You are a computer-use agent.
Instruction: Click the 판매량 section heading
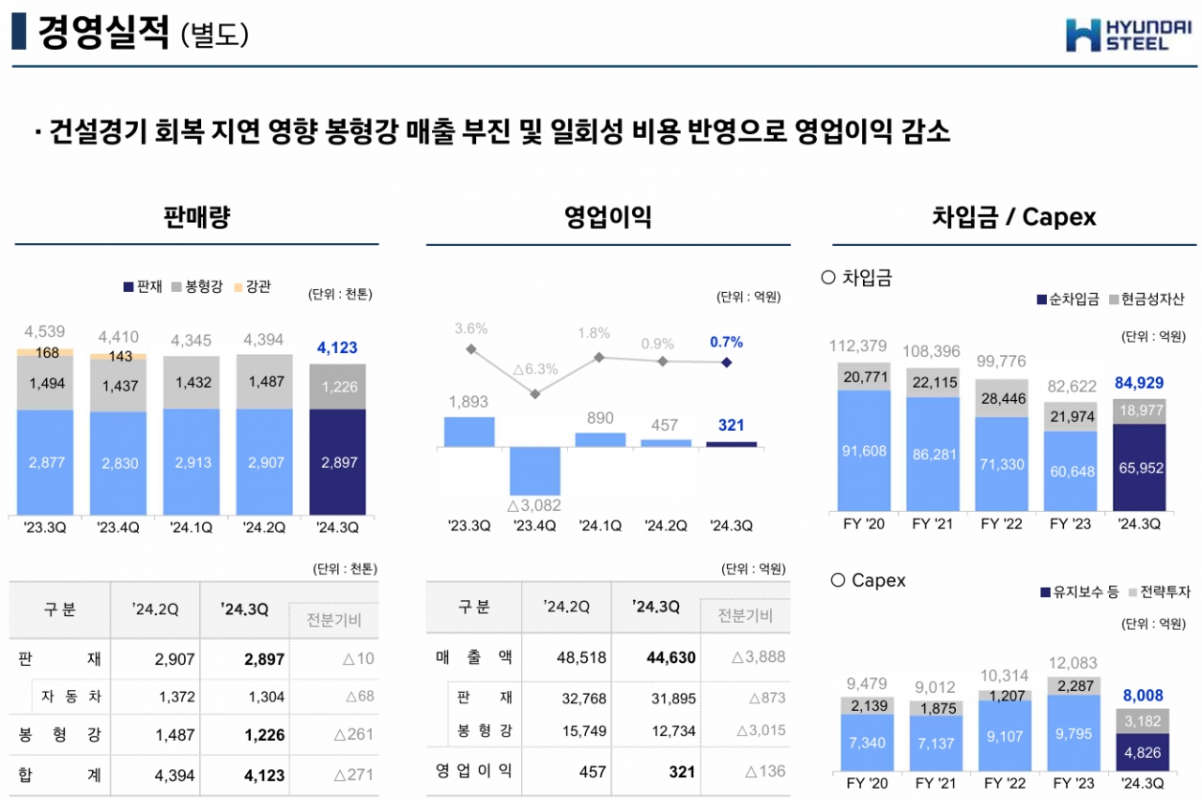tap(196, 218)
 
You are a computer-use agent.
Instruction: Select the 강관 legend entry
tap(252, 286)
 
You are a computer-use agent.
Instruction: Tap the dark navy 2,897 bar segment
tap(337, 462)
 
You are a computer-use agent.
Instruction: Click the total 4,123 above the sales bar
tap(337, 347)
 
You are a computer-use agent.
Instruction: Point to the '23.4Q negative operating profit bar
tap(535, 472)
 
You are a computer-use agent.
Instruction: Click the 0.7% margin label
tap(726, 342)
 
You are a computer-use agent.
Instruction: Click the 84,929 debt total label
tap(1139, 382)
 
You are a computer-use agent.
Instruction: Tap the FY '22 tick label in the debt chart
tap(1000, 524)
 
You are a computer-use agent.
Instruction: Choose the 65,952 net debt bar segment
tap(1139, 467)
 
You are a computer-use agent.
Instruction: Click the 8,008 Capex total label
tap(1139, 696)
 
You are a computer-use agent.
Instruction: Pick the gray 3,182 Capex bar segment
tap(1139, 720)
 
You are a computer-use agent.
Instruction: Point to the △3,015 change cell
tap(761, 731)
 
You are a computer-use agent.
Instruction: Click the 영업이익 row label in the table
tap(473, 771)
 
